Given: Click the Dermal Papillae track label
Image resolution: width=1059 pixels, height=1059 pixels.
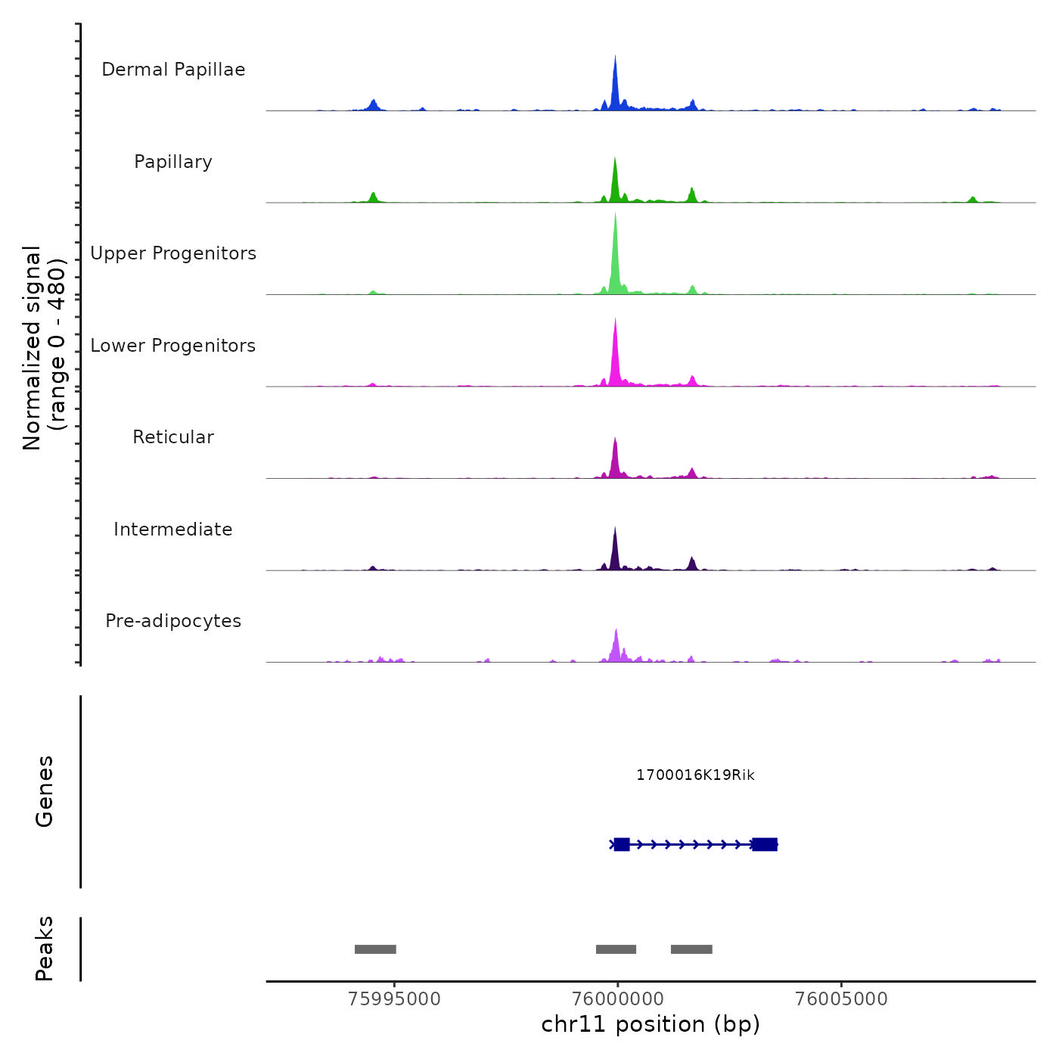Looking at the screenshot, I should click(173, 70).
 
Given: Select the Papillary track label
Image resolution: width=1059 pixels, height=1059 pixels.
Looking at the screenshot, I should click(173, 162).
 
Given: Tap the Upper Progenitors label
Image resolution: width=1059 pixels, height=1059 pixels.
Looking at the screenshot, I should click(173, 253).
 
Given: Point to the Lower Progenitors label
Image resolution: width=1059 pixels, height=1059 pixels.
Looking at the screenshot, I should click(173, 346).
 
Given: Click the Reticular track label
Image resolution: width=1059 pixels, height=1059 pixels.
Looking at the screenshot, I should click(173, 437).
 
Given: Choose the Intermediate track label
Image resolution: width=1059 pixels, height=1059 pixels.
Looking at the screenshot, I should click(173, 529).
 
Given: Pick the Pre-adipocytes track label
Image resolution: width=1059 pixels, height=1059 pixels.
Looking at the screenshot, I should click(173, 621).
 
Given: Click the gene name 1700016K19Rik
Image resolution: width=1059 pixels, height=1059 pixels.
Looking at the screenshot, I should click(695, 775).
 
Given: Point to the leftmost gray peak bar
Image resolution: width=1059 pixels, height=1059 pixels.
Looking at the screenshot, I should click(375, 949).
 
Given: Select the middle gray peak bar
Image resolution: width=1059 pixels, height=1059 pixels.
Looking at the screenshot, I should click(616, 949).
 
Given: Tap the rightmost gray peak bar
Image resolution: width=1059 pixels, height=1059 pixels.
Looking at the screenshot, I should click(691, 949).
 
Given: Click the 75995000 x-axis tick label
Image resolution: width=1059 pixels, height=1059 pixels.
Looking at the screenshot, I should click(394, 999).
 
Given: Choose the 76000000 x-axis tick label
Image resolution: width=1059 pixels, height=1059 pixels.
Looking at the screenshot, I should click(617, 999).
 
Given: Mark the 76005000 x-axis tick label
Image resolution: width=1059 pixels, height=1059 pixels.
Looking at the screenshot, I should click(841, 999).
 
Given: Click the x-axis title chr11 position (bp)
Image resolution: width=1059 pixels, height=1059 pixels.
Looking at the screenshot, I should click(651, 1025).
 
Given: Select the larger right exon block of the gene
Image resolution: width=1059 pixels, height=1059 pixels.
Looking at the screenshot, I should click(765, 844).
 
